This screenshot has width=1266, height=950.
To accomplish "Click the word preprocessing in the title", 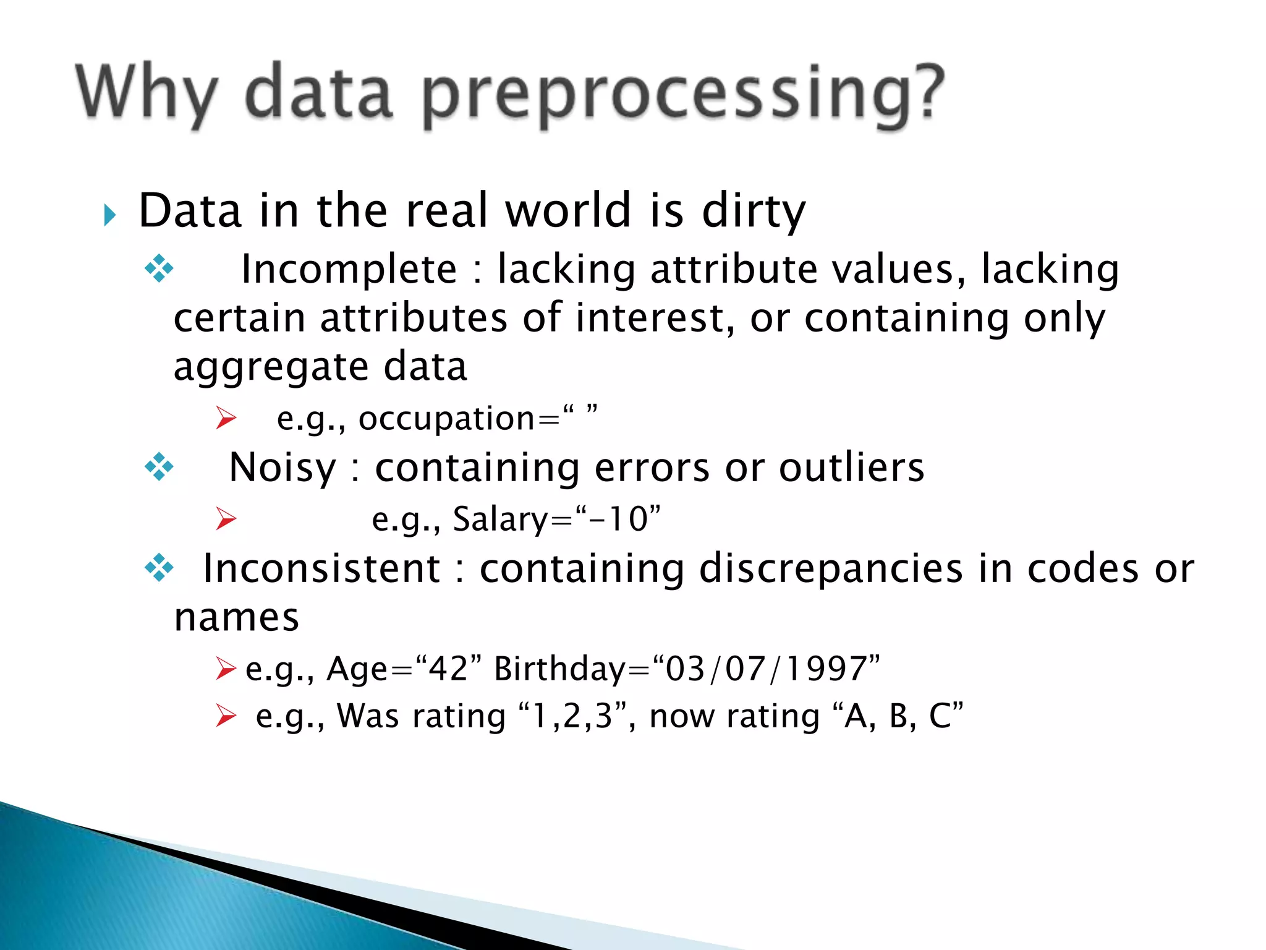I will point(683,94).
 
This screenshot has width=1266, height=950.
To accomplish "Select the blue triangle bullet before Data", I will point(110,215).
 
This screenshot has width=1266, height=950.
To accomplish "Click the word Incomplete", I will point(349,270).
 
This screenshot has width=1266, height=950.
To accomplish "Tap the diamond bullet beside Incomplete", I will point(159,269).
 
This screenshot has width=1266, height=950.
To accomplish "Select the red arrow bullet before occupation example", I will point(226,418).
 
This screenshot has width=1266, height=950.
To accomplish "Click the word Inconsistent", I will point(321,568).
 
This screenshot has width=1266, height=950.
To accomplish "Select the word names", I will point(237,618).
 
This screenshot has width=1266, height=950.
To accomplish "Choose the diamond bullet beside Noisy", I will point(159,467).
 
